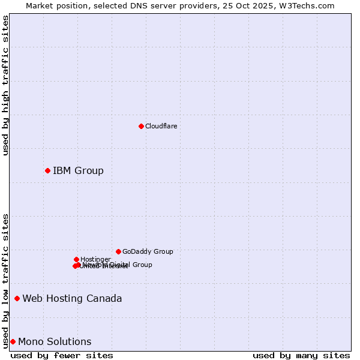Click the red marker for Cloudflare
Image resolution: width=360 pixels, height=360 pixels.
pyautogui.click(x=141, y=126)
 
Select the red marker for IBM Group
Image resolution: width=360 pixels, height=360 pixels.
pyautogui.click(x=47, y=170)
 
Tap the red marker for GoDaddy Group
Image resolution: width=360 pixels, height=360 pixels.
pyautogui.click(x=118, y=251)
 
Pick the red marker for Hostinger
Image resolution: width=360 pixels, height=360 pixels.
pyautogui.click(x=76, y=259)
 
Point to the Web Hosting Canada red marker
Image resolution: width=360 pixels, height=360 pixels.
pyautogui.click(x=17, y=298)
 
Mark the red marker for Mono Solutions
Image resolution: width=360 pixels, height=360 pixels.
pyautogui.click(x=13, y=341)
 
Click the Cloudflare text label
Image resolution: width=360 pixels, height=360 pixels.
pyautogui.click(x=161, y=126)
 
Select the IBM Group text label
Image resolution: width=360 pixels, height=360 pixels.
pyautogui.click(x=78, y=170)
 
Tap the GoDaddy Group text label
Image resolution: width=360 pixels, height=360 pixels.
pyautogui.click(x=148, y=251)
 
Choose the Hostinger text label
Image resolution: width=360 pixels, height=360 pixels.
pyautogui.click(x=95, y=259)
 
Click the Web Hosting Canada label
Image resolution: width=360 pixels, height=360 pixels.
pyautogui.click(x=72, y=298)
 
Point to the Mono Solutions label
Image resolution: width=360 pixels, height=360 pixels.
pyautogui.click(x=55, y=341)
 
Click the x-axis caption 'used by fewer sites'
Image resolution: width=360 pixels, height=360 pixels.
pyautogui.click(x=62, y=355)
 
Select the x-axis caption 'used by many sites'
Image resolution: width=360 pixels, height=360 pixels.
pyautogui.click(x=301, y=355)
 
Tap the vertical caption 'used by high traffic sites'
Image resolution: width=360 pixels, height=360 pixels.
pyautogui.click(x=5, y=85)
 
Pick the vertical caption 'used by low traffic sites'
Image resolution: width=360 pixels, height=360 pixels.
pyautogui.click(x=5, y=280)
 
